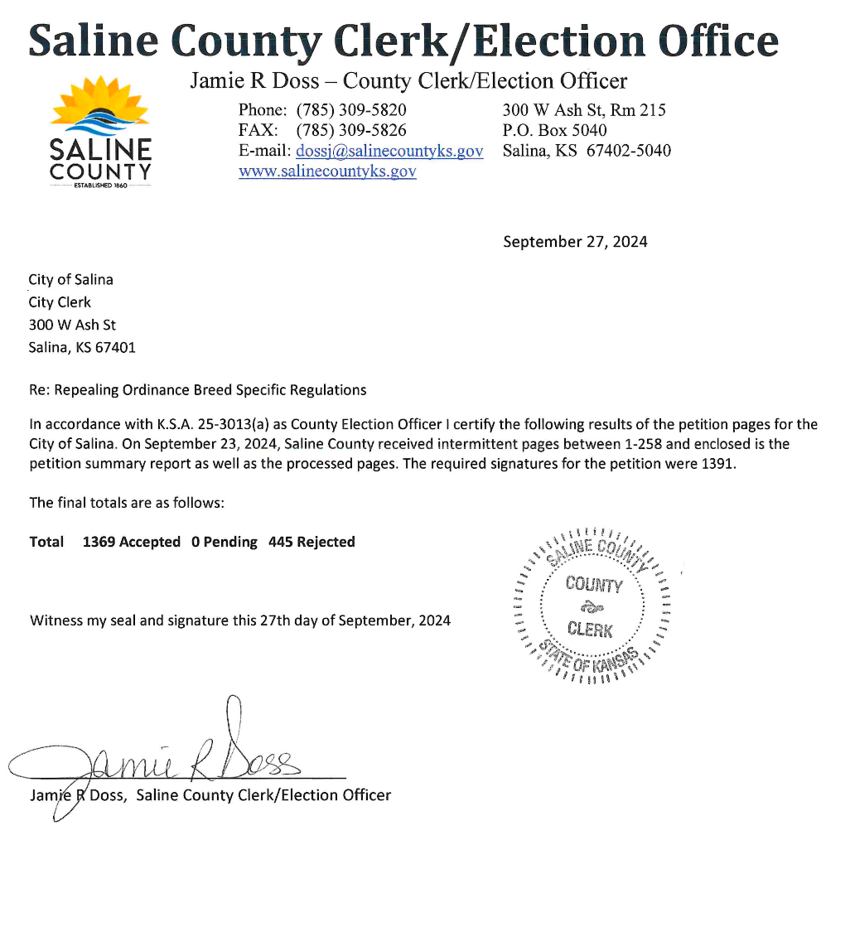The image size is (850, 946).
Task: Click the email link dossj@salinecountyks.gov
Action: tap(389, 151)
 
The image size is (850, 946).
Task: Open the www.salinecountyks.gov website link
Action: tap(327, 171)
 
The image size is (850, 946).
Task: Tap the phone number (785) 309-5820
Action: tap(351, 110)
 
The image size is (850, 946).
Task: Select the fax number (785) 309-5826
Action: tap(351, 130)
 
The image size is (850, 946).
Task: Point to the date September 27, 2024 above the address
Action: tap(575, 242)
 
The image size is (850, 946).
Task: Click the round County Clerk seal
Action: tap(593, 606)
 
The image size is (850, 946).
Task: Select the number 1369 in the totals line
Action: tap(99, 542)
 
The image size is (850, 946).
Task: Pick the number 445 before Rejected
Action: tap(280, 542)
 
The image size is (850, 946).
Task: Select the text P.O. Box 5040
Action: tap(554, 130)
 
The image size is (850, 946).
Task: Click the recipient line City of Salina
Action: tap(71, 279)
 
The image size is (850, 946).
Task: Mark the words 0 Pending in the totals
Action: tap(224, 542)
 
